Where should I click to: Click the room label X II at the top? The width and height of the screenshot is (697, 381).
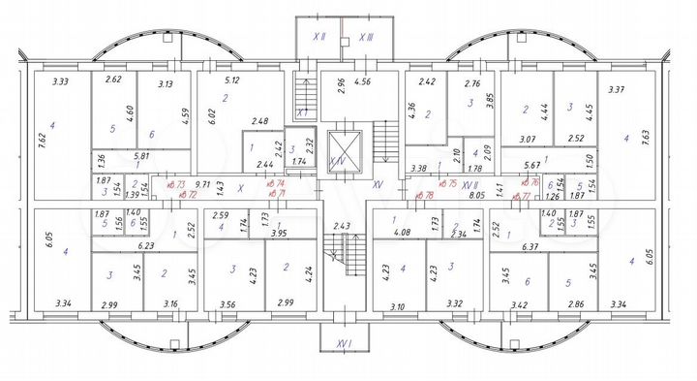318,36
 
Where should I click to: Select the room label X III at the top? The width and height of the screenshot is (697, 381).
366,36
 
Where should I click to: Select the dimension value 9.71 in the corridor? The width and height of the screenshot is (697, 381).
202,182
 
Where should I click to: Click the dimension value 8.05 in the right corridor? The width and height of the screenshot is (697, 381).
476,194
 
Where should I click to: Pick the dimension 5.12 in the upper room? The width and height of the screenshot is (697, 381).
231,80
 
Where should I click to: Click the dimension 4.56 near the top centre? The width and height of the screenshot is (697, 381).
363,81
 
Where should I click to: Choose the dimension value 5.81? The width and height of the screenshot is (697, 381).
141,156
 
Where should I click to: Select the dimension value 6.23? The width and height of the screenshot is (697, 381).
147,245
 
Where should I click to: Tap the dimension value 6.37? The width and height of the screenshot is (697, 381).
530,246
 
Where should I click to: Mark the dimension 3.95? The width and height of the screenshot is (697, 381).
280,233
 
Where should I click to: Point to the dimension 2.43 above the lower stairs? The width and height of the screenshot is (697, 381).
342,226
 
